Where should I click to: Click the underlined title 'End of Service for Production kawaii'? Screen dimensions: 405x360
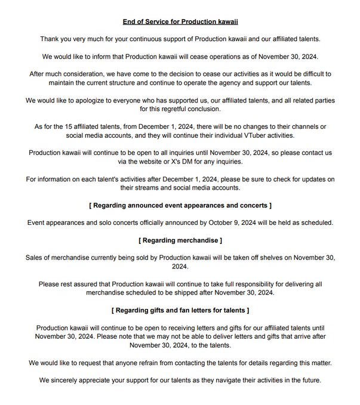[180, 22]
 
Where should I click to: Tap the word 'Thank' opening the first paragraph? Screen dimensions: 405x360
[51, 39]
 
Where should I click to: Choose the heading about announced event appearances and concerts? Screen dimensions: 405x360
[180, 206]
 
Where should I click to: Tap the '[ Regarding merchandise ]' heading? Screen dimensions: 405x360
[180, 240]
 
